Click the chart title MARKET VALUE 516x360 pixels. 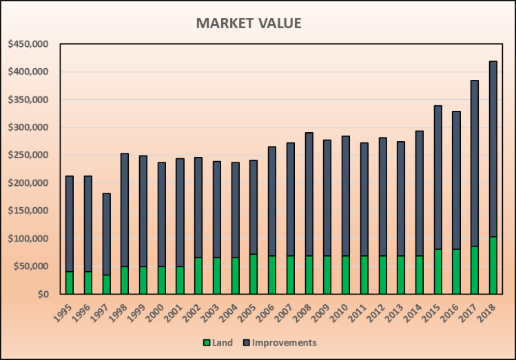pyautogui.click(x=249, y=23)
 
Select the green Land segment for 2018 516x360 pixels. pyautogui.click(x=493, y=265)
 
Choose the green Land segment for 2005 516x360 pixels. pyautogui.click(x=254, y=274)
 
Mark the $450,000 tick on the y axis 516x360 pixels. pyautogui.click(x=28, y=44)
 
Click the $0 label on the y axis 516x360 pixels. pyautogui.click(x=43, y=294)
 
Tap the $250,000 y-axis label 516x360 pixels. pyautogui.click(x=28, y=155)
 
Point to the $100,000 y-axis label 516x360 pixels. pyautogui.click(x=28, y=238)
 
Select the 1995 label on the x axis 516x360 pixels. pyautogui.click(x=63, y=312)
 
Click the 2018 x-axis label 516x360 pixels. pyautogui.click(x=488, y=312)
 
